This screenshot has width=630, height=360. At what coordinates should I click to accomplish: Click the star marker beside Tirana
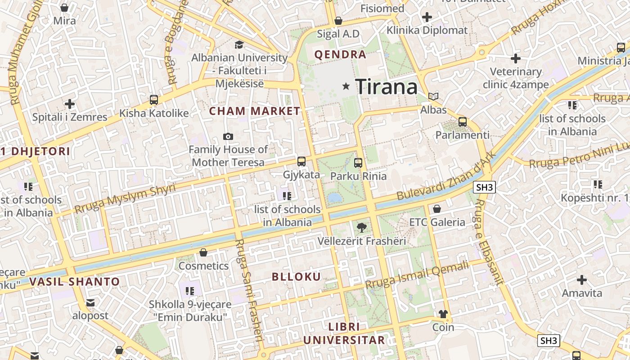coord(346,85)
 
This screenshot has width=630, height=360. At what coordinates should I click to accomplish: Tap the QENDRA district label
coord(340,55)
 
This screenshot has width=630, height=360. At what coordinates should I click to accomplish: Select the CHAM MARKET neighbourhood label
coord(255,111)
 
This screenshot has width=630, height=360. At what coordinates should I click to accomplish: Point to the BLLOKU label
coord(297,277)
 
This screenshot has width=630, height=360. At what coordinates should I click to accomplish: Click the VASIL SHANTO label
coord(75,282)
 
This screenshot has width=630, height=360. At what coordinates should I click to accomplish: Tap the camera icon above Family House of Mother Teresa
coord(228,136)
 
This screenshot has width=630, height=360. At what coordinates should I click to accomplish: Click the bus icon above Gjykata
coord(301,162)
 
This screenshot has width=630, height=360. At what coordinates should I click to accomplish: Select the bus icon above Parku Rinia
coord(358,163)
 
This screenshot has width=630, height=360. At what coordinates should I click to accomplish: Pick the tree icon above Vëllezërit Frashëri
coord(361,228)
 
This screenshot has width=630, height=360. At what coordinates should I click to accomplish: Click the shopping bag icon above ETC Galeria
coord(436,209)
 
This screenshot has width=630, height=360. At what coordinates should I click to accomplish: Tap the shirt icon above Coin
coord(443,314)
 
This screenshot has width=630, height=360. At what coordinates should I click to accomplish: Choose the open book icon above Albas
coord(433,96)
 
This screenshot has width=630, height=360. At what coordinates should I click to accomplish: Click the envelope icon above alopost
coord(90,303)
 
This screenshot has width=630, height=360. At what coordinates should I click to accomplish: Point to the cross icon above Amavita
coord(582,280)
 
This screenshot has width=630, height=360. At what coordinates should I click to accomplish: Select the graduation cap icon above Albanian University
coord(239,45)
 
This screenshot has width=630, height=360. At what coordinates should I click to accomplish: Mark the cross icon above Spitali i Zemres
coord(70,104)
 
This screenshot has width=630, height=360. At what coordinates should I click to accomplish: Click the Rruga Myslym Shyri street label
coord(125,198)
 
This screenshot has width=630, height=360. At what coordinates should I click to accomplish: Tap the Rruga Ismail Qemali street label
coord(417,275)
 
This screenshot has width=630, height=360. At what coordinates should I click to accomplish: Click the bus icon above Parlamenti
coord(462,122)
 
